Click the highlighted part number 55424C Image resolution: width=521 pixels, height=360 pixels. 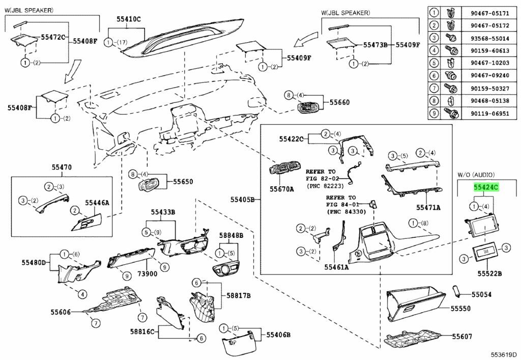tap(486, 187)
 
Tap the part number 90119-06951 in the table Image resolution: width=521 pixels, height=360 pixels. tap(485, 114)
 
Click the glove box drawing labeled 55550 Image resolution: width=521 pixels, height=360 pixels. tap(417, 303)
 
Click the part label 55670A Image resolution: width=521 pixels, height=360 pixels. tap(282, 188)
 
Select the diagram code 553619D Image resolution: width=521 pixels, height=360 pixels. tap(504, 354)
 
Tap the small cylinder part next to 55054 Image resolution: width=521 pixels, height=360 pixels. tap(457, 291)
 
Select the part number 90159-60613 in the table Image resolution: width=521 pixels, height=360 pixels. tap(485, 50)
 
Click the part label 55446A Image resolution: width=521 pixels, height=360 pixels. tap(97, 203)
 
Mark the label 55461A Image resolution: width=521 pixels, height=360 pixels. tap(336, 266)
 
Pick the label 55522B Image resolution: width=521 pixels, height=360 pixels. tap(489, 274)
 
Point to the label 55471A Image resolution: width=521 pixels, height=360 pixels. tap(428, 207)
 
